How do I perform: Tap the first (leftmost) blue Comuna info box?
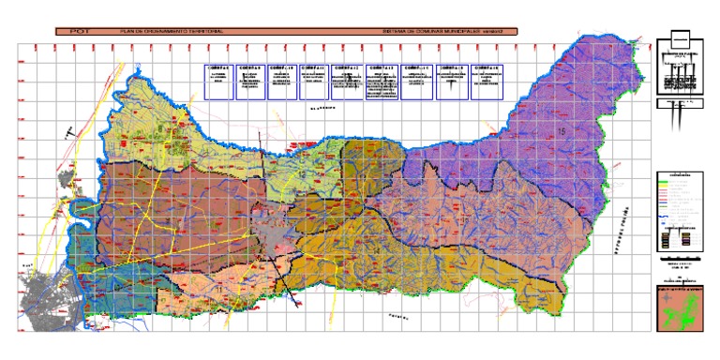(219, 81)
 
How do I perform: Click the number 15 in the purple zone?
(562, 129)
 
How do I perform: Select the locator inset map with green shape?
(681, 308)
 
